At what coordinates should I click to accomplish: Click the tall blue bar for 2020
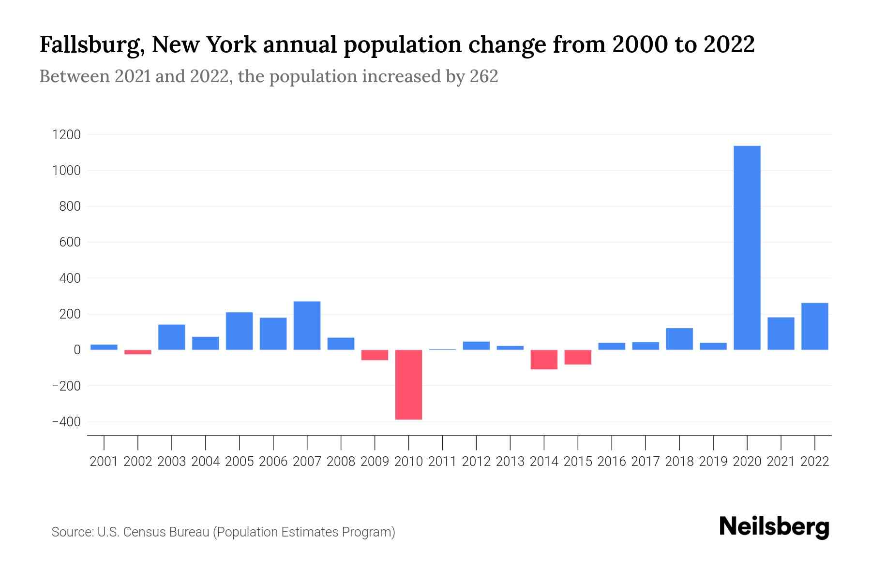click(x=747, y=247)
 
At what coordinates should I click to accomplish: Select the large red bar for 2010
click(x=408, y=385)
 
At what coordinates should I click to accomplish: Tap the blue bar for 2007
click(x=307, y=325)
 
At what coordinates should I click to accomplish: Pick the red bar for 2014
click(x=544, y=360)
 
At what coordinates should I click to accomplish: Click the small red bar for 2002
click(x=138, y=352)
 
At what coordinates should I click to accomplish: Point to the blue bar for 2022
click(x=814, y=326)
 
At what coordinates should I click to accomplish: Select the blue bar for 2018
click(x=679, y=339)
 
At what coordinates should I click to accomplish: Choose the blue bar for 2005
click(x=239, y=331)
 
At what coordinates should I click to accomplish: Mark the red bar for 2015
click(x=578, y=357)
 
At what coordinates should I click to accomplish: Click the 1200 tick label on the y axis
click(x=66, y=135)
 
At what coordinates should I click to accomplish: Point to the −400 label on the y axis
click(x=66, y=422)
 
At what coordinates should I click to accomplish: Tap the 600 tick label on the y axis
click(x=70, y=242)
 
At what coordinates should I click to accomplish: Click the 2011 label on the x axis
click(x=442, y=462)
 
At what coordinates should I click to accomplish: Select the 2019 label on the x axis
click(x=713, y=462)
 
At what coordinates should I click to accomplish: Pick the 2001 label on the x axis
click(x=104, y=462)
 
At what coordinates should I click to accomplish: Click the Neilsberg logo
click(x=774, y=527)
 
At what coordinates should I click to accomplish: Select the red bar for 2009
click(x=375, y=355)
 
